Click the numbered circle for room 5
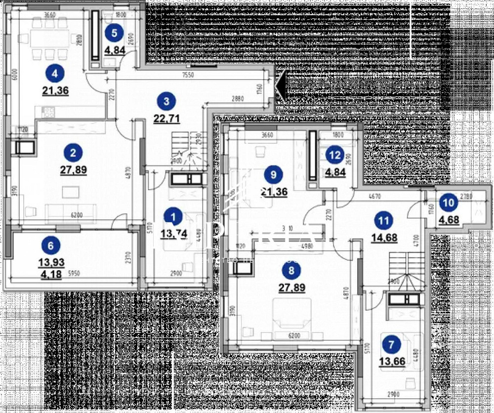pyautogui.click(x=115, y=34)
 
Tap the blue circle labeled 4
pyautogui.click(x=54, y=74)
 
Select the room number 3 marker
pyautogui.click(x=166, y=101)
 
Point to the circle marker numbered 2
pyautogui.click(x=73, y=153)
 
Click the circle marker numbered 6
pyautogui.click(x=52, y=244)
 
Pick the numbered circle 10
pyautogui.click(x=448, y=202)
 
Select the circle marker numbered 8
pyautogui.click(x=290, y=270)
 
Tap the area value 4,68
pyautogui.click(x=448, y=219)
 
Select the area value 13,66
pyautogui.click(x=391, y=362)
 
